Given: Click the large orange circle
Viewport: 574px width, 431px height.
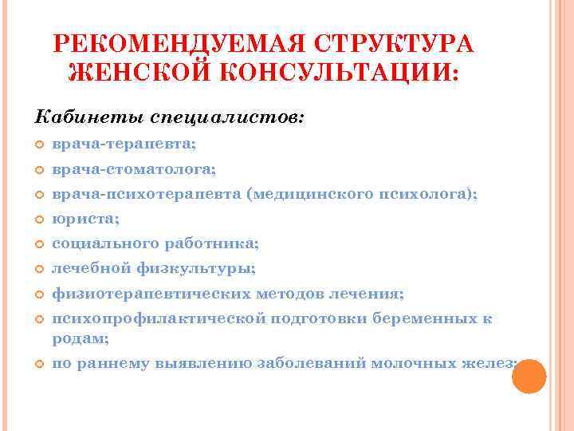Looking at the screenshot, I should pos(528,378).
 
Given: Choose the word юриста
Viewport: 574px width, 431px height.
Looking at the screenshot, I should pos(76,219).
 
